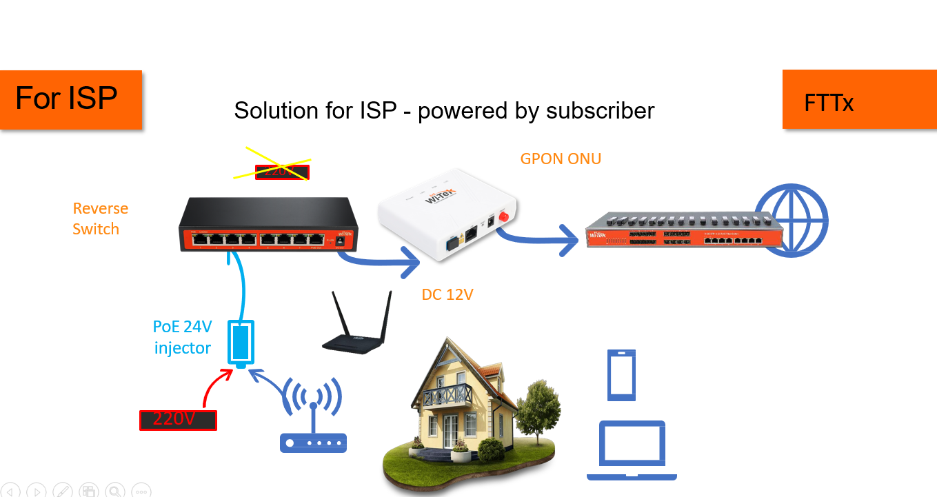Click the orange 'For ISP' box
click(x=71, y=99)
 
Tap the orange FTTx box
click(x=859, y=99)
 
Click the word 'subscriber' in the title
click(x=598, y=110)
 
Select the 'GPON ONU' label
click(x=561, y=159)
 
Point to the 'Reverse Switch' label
click(x=101, y=219)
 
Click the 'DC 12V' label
click(x=447, y=295)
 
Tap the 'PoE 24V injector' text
click(x=182, y=337)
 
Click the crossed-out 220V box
click(x=282, y=172)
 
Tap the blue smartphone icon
click(x=621, y=375)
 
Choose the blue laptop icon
click(x=632, y=450)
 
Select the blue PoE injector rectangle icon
click(x=241, y=343)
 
